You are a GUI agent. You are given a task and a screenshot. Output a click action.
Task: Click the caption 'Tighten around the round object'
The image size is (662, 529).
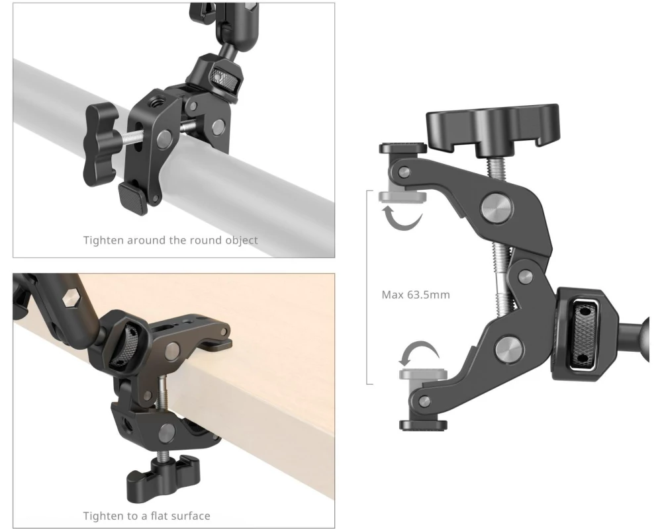click(170, 240)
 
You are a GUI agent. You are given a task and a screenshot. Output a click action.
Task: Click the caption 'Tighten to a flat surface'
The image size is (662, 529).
click(146, 516)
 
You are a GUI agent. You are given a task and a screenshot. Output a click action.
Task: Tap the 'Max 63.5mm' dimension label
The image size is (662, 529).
click(416, 294)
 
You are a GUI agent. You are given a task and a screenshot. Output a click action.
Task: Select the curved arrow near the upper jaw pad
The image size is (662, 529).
click(403, 218)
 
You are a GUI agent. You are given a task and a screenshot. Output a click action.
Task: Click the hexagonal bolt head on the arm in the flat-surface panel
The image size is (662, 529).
click(71, 299)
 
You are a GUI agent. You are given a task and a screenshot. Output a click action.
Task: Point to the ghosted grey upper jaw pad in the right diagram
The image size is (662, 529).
click(402, 196)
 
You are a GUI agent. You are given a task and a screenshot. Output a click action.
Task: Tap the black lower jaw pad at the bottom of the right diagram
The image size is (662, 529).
click(423, 425)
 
